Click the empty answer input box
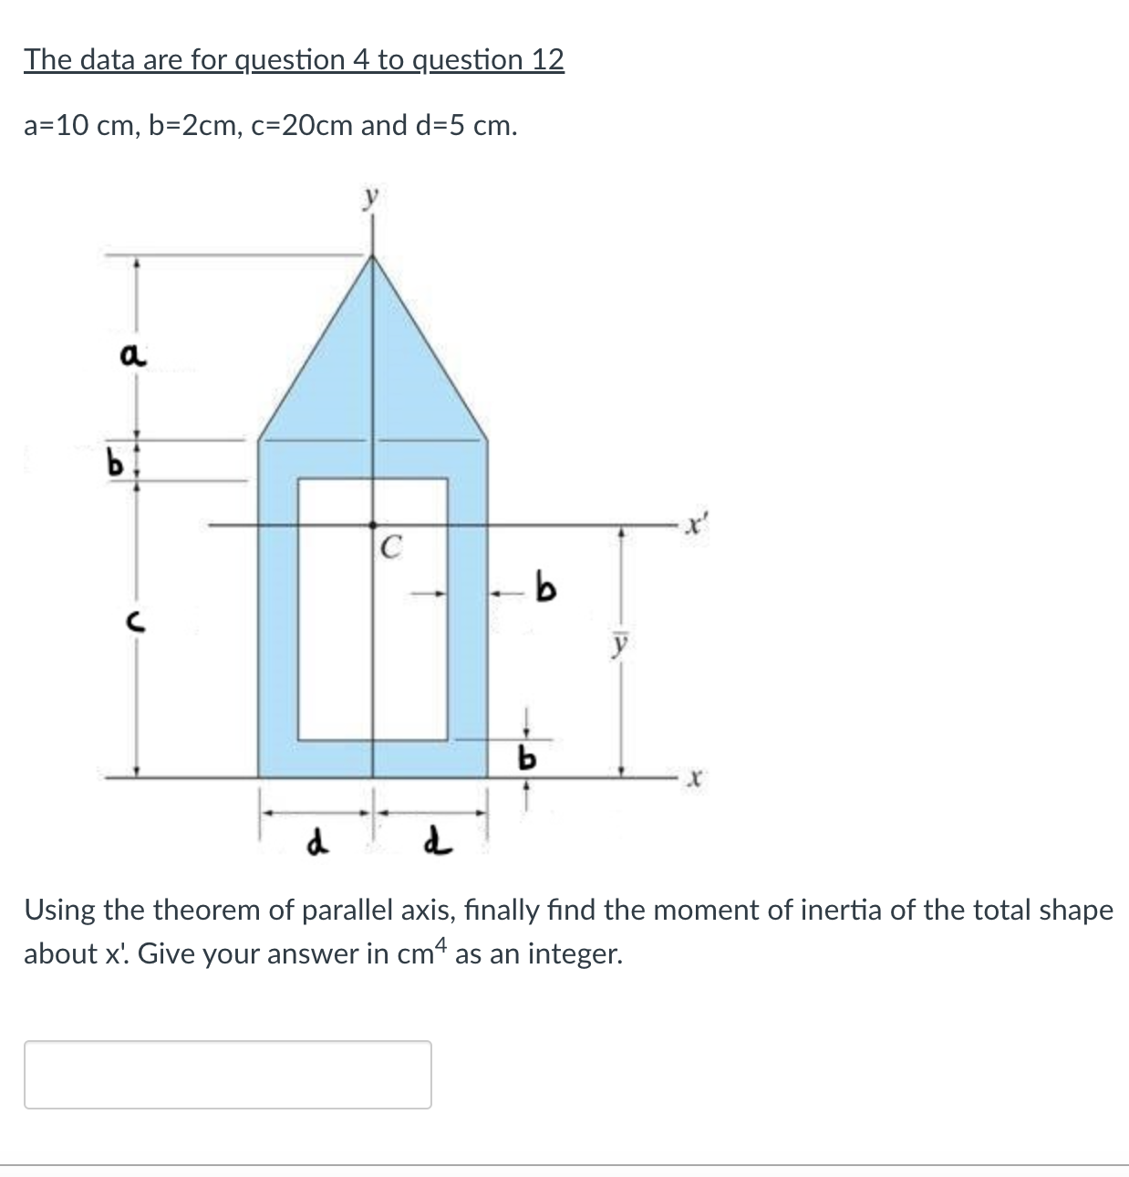[x=227, y=1074]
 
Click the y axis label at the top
[x=370, y=197]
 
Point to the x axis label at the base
[x=695, y=779]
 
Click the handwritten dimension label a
[x=131, y=357]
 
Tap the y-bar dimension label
[x=620, y=643]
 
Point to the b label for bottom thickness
[x=526, y=756]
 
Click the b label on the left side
[x=116, y=464]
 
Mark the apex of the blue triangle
[x=371, y=256]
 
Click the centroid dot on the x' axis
[x=372, y=525]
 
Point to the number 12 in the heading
[x=547, y=59]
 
